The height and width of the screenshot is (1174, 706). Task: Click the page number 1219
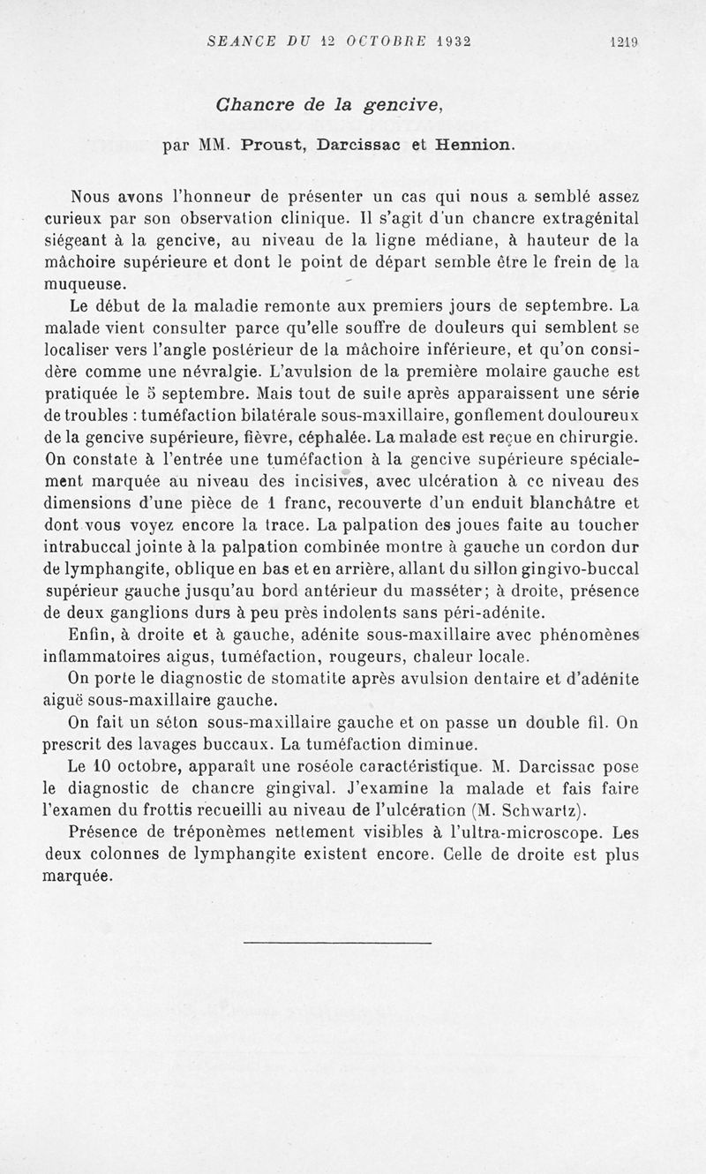(x=623, y=41)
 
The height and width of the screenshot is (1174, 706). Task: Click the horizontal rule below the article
(x=337, y=944)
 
